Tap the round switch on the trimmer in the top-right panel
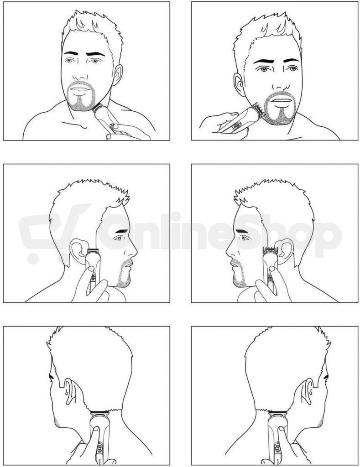pos(236,126)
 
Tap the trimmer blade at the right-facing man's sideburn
pos(93,249)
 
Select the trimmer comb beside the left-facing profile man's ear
pos(269,249)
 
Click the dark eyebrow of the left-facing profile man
pos(241,231)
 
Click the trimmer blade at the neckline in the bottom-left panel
pos(99,412)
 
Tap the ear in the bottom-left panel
pos(69,390)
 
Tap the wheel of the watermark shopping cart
pos(34,259)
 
